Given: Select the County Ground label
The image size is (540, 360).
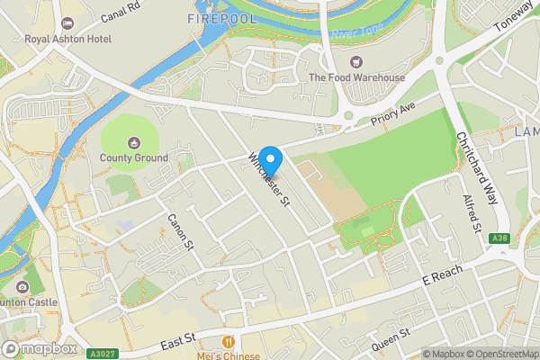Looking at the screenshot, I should [134, 157].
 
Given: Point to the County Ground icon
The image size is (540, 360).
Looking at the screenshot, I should [134, 141].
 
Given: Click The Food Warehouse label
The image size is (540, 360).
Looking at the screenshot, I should [356, 77].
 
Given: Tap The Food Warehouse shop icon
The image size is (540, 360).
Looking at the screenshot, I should [356, 61].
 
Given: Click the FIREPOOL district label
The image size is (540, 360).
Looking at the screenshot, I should [222, 18].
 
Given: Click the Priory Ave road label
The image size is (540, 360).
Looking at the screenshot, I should [393, 118].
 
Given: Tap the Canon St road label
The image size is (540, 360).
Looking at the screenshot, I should [180, 231].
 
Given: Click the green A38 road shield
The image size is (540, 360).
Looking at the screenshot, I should [499, 238].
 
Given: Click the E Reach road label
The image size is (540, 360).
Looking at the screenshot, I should [444, 275].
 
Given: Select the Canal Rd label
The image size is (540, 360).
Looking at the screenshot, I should [121, 12].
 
